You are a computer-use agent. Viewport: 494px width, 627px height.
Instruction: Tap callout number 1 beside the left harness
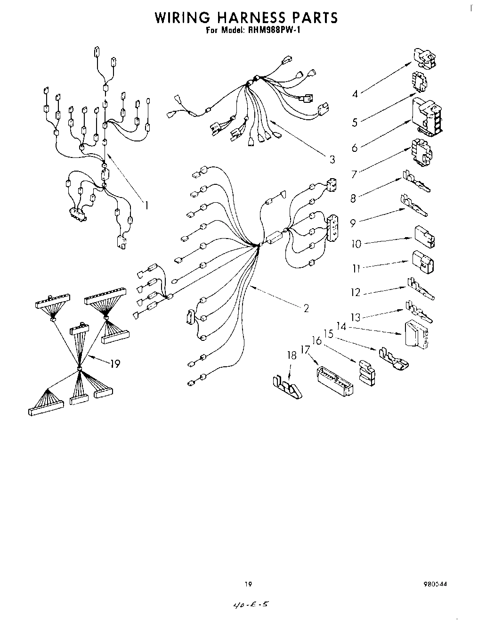pos(147,205)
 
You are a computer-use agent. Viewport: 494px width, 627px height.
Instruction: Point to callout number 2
pos(306,308)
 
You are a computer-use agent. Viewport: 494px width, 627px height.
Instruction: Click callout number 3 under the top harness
pos(332,159)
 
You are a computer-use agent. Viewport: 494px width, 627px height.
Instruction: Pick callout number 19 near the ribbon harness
pos(114,363)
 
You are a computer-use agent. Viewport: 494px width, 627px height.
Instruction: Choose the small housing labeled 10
pos(424,236)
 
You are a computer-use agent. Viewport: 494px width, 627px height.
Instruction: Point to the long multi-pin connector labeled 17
pos(334,379)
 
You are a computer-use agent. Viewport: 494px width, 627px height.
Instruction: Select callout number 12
pos(356,292)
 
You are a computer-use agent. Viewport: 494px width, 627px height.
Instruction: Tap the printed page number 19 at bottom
pos(248,584)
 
